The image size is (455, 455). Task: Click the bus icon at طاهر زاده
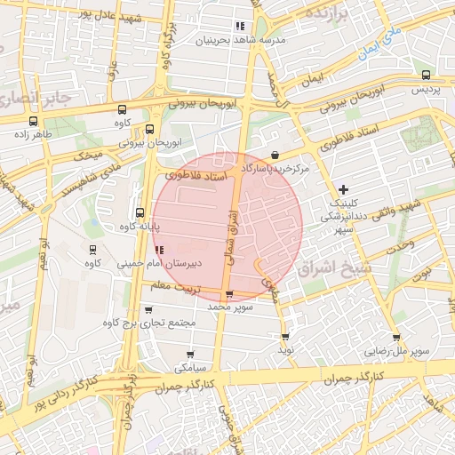33,122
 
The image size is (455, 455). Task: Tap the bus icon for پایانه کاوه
139,212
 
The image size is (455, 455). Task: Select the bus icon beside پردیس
419,76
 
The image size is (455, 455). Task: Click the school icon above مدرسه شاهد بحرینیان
240,26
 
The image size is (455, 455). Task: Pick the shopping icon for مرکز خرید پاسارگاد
275,155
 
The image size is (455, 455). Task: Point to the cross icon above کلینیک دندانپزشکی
344,189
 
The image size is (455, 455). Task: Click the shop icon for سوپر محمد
230,293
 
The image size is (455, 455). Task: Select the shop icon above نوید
285,336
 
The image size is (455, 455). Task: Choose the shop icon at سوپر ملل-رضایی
395,337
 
